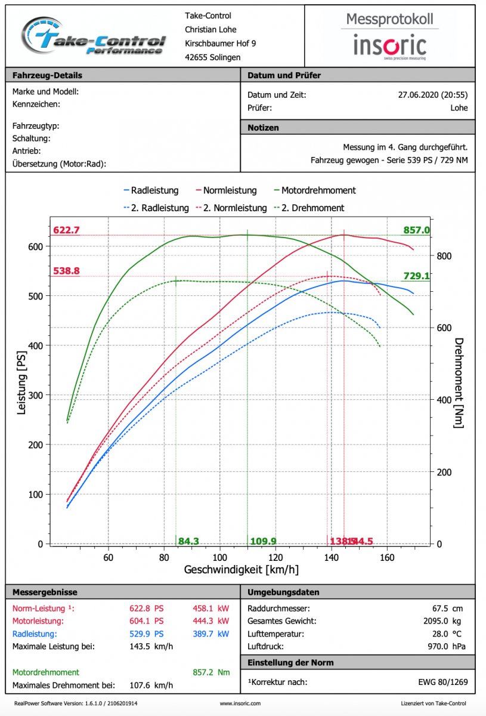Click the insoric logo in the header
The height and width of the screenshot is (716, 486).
pyautogui.click(x=389, y=45)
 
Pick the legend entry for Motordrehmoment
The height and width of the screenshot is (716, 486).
pyautogui.click(x=314, y=190)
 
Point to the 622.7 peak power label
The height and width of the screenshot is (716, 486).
pyautogui.click(x=66, y=230)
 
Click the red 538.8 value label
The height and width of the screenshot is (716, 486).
pyautogui.click(x=66, y=271)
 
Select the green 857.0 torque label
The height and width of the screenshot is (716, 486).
pyautogui.click(x=416, y=230)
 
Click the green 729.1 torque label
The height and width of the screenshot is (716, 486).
pyautogui.click(x=416, y=276)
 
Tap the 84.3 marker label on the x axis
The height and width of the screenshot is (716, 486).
pyautogui.click(x=188, y=541)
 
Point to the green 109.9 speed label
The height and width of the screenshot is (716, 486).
pyautogui.click(x=263, y=541)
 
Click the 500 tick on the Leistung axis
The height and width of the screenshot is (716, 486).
pyautogui.click(x=36, y=296)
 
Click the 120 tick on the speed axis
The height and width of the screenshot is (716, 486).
pyautogui.click(x=275, y=558)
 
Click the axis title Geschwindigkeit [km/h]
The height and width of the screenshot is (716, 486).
pyautogui.click(x=242, y=570)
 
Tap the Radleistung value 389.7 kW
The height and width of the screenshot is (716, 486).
pyautogui.click(x=211, y=634)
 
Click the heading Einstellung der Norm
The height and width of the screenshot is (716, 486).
pyautogui.click(x=290, y=663)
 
